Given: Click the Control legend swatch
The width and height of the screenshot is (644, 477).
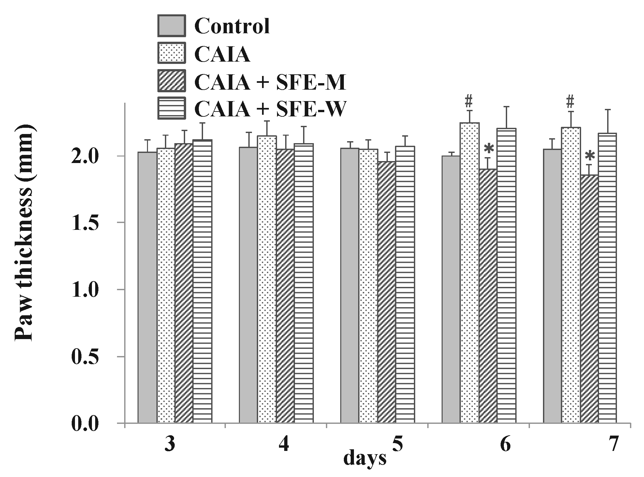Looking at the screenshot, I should (x=171, y=26).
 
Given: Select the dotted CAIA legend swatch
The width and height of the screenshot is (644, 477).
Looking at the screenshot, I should (x=171, y=53).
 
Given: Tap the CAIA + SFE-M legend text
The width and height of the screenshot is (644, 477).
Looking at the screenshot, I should (x=270, y=82).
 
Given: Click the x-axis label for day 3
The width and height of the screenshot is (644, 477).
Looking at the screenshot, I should (x=169, y=444).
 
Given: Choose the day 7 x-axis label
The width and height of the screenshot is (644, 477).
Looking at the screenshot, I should (x=613, y=444).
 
